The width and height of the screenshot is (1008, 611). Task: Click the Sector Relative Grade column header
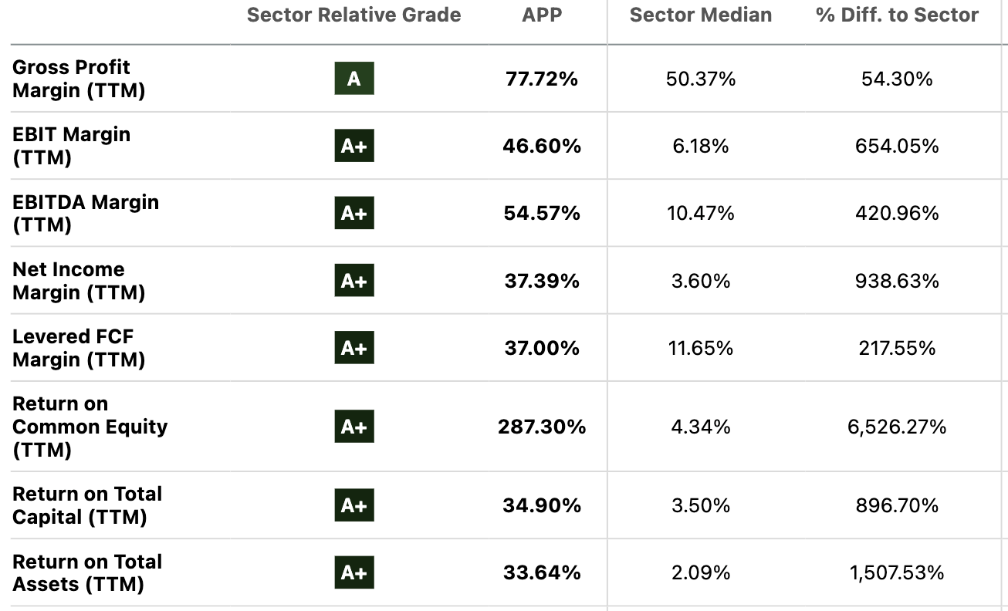click(353, 15)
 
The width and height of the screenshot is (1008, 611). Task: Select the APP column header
click(542, 15)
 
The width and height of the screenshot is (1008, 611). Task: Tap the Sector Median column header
click(700, 15)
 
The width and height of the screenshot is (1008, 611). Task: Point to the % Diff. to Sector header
click(897, 15)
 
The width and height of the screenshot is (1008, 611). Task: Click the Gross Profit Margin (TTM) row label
click(79, 79)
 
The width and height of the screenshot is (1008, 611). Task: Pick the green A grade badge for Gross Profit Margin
click(354, 79)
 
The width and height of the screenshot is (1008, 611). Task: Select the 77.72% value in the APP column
click(542, 79)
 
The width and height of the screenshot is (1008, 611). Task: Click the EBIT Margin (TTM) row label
click(71, 146)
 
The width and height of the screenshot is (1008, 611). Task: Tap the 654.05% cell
click(897, 146)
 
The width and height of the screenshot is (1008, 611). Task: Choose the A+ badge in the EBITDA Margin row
click(354, 213)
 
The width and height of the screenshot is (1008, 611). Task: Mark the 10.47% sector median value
click(700, 213)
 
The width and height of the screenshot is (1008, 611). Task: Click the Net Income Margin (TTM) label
click(79, 281)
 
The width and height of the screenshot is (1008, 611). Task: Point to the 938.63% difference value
click(897, 281)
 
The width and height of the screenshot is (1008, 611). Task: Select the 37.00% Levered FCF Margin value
click(542, 348)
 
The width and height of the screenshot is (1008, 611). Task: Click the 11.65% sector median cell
click(700, 348)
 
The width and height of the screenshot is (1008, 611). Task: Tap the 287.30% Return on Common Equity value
click(542, 427)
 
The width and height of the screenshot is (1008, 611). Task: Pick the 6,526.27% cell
click(897, 427)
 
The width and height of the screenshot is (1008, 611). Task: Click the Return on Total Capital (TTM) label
click(87, 505)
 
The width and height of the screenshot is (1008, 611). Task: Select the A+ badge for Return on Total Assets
click(354, 572)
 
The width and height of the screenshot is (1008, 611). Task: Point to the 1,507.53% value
click(897, 572)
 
